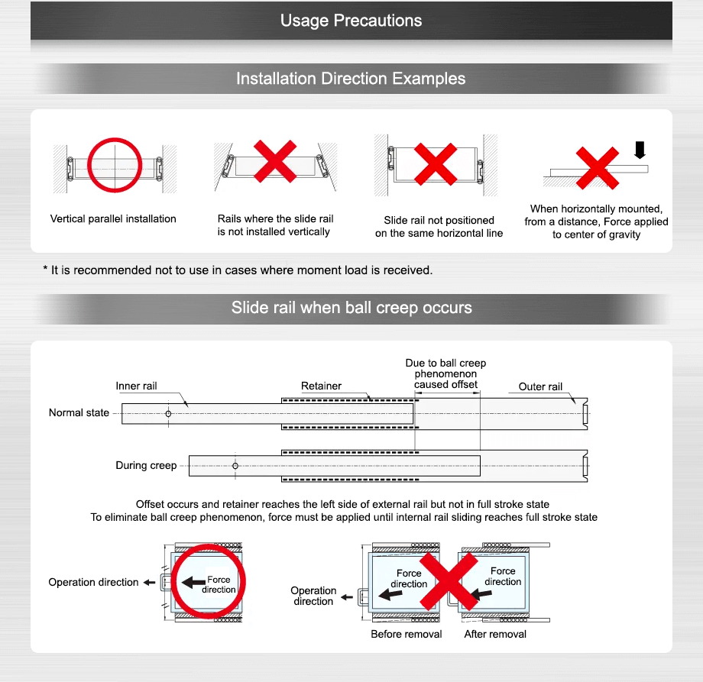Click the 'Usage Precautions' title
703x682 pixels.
[x=351, y=21]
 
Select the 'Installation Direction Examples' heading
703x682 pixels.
[x=351, y=79]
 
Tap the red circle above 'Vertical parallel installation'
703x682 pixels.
[x=115, y=164]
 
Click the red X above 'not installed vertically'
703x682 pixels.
[x=275, y=160]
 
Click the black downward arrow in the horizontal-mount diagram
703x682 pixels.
[x=640, y=151]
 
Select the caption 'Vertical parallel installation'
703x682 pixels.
[x=113, y=219]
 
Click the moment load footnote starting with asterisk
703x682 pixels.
[x=238, y=270]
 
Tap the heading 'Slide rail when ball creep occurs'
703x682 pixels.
[x=351, y=309]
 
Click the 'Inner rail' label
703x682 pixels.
[x=136, y=386]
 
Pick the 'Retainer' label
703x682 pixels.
[x=321, y=386]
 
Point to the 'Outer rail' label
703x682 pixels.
[x=540, y=386]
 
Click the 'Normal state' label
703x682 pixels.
[x=79, y=413]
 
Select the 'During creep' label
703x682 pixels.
[x=146, y=466]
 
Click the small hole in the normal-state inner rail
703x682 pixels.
[x=168, y=413]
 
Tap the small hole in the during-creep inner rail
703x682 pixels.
[x=235, y=466]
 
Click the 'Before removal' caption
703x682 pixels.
[x=406, y=635]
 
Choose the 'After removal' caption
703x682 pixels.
[x=495, y=635]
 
